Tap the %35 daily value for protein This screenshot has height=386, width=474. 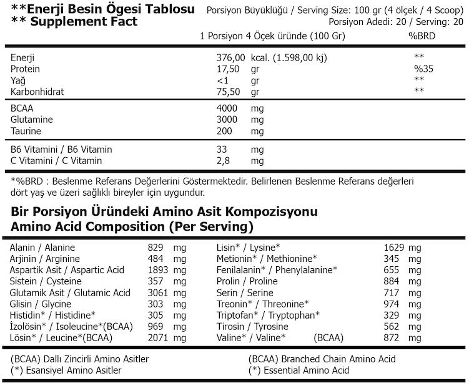click(423, 69)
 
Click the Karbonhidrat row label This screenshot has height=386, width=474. click(37, 92)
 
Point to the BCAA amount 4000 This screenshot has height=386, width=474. click(227, 109)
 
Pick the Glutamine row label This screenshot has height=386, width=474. click(32, 120)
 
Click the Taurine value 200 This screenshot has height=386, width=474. click(224, 131)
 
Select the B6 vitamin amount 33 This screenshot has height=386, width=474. click(222, 150)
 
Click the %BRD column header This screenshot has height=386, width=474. click(422, 36)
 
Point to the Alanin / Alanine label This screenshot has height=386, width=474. click(42, 248)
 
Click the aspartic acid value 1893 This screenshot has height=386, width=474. click(159, 270)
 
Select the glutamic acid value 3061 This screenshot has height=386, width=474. click(159, 292)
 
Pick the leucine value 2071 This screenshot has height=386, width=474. click(159, 337)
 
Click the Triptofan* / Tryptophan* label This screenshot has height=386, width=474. click(268, 315)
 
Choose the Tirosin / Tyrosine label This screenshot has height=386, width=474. click(252, 326)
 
